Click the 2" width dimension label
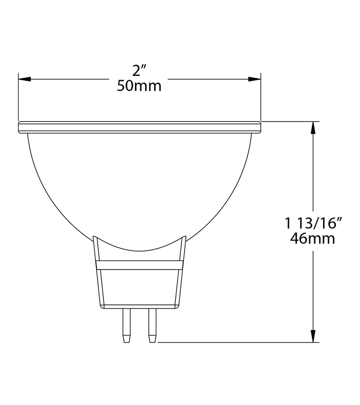point(140,71)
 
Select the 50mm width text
point(139,86)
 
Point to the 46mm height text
point(312,238)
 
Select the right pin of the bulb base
point(152,326)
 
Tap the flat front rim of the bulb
point(139,127)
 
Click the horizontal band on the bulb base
point(139,265)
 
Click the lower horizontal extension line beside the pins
point(234,342)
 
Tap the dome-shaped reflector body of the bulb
point(139,189)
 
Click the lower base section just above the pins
point(139,290)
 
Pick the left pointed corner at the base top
point(94,237)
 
